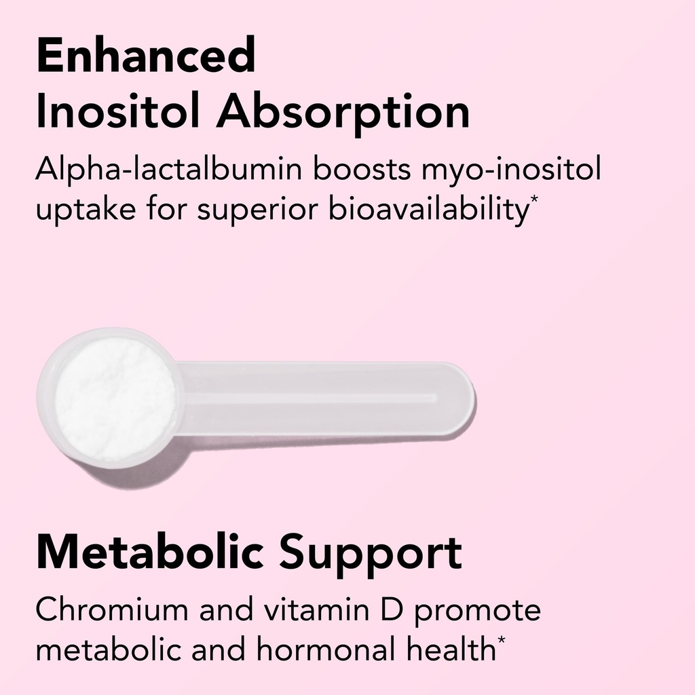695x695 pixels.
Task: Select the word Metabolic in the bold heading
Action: coord(149,552)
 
